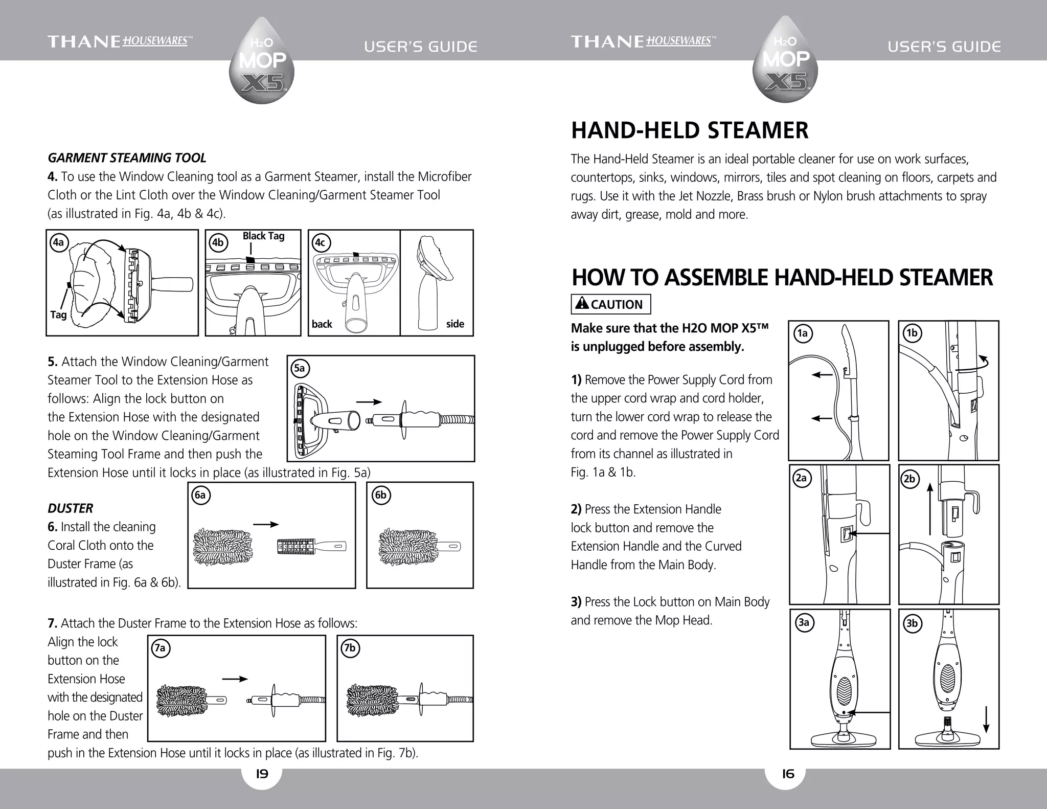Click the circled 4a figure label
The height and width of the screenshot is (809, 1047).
click(x=59, y=242)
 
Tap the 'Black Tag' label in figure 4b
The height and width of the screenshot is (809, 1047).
click(x=263, y=236)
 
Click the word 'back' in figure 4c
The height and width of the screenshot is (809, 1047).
click(x=322, y=324)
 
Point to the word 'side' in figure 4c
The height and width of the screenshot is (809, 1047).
click(x=454, y=324)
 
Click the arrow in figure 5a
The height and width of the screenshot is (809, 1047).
click(x=369, y=402)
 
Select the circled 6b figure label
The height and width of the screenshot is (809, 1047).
click(x=380, y=496)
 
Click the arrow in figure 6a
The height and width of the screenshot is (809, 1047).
click(x=266, y=525)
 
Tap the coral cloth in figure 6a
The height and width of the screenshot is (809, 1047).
click(x=223, y=547)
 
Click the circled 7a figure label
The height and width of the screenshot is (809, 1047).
click(x=160, y=648)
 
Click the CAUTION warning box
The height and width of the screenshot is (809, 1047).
click(x=610, y=304)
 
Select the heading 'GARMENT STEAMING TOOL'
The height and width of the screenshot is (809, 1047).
click(x=127, y=158)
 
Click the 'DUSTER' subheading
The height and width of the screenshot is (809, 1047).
click(x=70, y=508)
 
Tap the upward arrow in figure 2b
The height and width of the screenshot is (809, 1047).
click(x=930, y=509)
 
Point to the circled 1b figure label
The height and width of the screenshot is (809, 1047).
click(x=912, y=333)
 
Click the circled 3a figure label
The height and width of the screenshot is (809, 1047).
click(x=804, y=622)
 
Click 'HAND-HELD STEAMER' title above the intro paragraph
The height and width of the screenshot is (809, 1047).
click(x=689, y=130)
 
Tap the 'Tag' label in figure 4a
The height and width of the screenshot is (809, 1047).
click(x=58, y=314)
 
